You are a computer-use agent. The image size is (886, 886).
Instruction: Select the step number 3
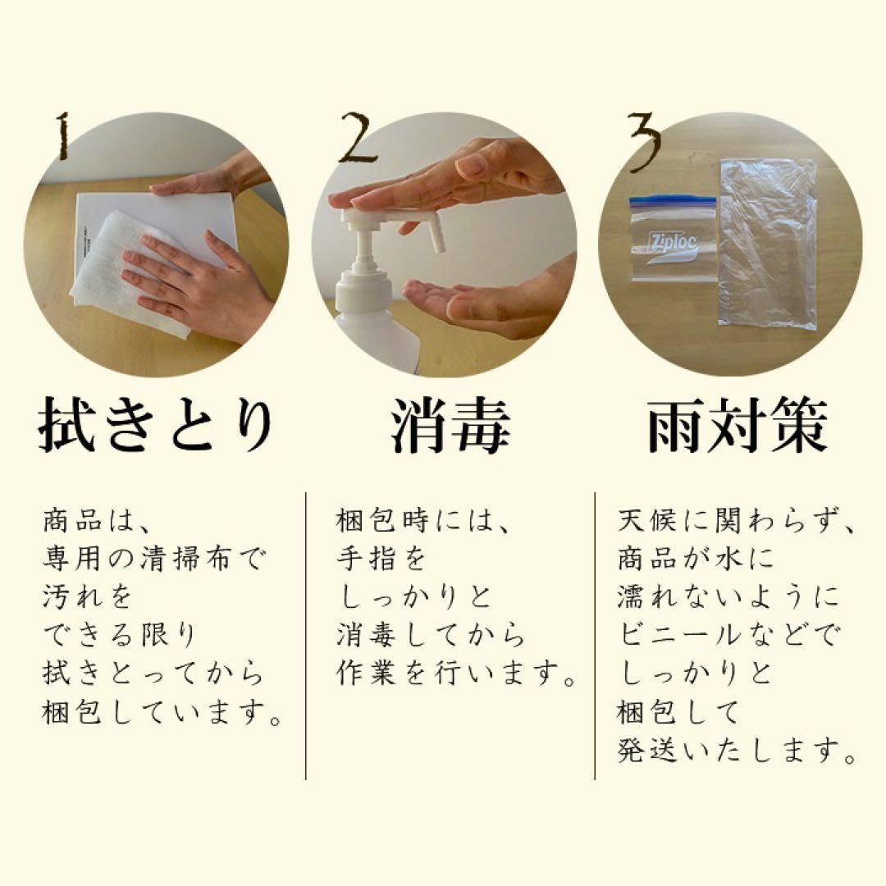tap(645, 139)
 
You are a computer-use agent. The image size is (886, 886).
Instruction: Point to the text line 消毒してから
tap(430, 636)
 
